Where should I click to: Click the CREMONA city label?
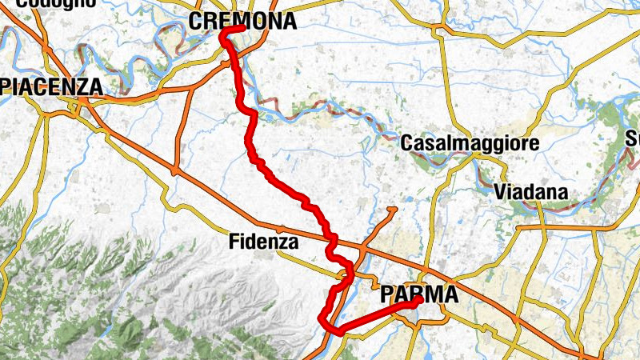[x=242, y=22]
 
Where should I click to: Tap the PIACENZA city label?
[x=51, y=86]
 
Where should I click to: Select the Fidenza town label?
[x=263, y=240]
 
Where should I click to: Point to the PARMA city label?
[x=419, y=294]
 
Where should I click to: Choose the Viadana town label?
[x=530, y=192]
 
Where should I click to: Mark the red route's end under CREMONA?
[x=242, y=30]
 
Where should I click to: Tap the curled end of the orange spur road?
[x=392, y=210]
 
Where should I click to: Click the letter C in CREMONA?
[x=197, y=22]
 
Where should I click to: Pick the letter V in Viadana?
[x=500, y=192]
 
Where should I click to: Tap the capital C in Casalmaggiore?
[x=406, y=144]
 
